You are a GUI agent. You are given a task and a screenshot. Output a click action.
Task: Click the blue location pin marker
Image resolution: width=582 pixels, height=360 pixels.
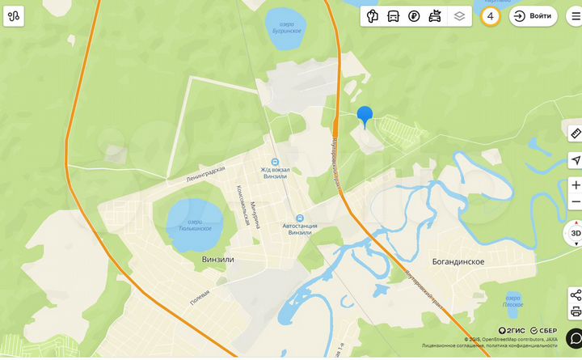click(x=365, y=116)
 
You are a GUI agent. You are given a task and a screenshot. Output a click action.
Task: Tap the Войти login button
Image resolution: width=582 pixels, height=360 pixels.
click(x=533, y=16)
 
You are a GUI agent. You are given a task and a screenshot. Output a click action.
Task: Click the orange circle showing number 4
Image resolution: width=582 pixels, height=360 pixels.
click(x=490, y=16)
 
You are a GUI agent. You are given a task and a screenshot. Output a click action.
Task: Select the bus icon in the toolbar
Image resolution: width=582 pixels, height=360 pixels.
click(x=393, y=16)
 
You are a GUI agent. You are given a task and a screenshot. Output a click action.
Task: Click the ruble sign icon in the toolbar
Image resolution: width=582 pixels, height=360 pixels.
click(x=414, y=16)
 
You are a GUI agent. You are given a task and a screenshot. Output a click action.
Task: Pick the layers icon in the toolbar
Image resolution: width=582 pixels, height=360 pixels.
click(x=459, y=16)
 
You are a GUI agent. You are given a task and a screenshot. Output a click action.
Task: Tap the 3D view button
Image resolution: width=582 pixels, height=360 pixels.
click(x=575, y=234)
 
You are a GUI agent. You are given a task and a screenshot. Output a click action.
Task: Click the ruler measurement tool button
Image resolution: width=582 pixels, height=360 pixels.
click(x=575, y=133)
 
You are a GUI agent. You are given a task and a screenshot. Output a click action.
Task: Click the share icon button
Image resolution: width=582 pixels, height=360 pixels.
click(x=575, y=294)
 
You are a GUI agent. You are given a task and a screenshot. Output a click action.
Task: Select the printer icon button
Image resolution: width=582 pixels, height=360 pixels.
click(x=575, y=311)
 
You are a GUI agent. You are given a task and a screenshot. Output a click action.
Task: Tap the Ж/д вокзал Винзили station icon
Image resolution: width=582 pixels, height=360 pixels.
click(x=275, y=161)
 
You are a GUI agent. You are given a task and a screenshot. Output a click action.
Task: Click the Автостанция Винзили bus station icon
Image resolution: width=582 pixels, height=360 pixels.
click(x=299, y=218)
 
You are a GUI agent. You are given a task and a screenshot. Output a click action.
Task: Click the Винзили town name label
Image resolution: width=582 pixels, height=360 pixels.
click(x=217, y=259)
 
